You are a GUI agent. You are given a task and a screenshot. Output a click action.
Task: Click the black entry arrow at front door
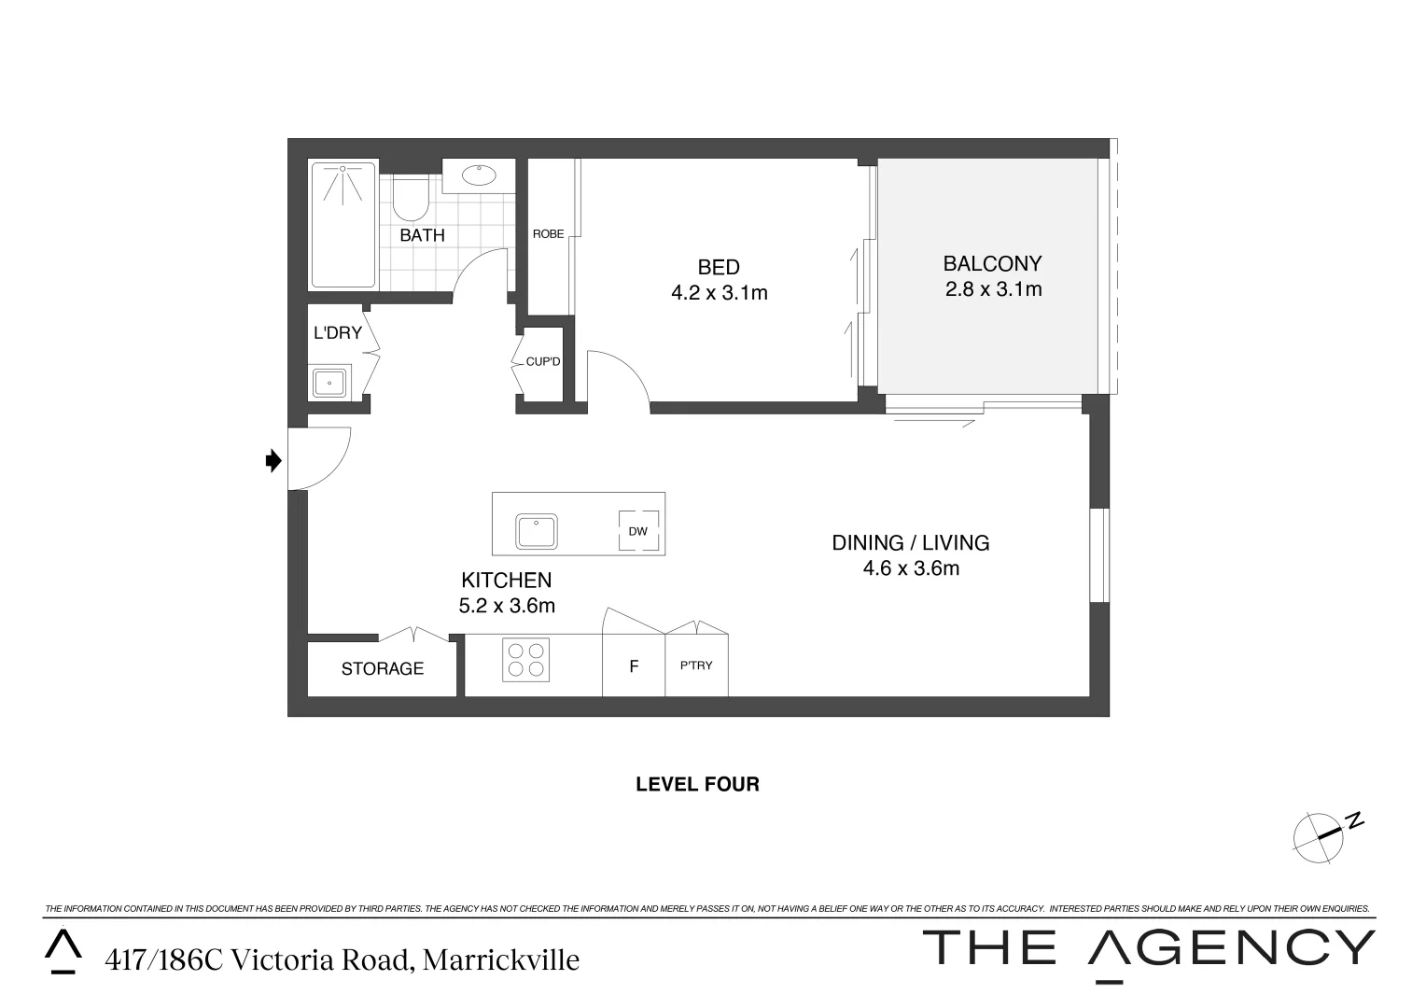click(273, 460)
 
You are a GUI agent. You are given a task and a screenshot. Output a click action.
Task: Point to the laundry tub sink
click(329, 383)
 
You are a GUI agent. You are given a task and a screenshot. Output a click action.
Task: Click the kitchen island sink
click(537, 531)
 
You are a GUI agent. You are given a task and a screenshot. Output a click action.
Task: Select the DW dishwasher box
click(638, 532)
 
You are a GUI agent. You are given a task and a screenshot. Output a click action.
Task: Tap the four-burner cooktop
click(526, 659)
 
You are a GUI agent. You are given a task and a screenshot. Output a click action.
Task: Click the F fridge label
click(634, 667)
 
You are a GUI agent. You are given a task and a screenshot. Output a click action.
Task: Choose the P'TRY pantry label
click(696, 666)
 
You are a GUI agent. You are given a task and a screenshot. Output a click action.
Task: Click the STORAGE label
click(382, 669)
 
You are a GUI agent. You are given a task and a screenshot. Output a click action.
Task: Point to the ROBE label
click(548, 234)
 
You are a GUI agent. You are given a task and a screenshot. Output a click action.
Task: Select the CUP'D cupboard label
click(542, 361)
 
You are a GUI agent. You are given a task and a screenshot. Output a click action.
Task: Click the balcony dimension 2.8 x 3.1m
click(993, 289)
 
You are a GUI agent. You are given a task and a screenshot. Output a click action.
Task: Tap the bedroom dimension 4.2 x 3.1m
click(719, 293)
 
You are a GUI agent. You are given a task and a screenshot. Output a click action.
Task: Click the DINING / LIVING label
click(910, 542)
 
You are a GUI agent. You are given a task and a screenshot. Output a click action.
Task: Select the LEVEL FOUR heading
click(697, 785)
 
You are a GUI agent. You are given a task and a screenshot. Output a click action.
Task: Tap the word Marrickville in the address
click(501, 959)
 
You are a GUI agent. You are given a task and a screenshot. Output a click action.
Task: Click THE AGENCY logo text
click(1148, 948)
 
